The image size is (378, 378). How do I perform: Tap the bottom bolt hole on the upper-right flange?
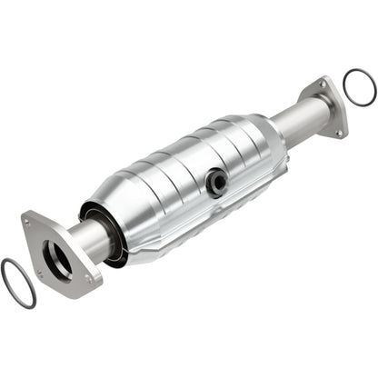[339, 134]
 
